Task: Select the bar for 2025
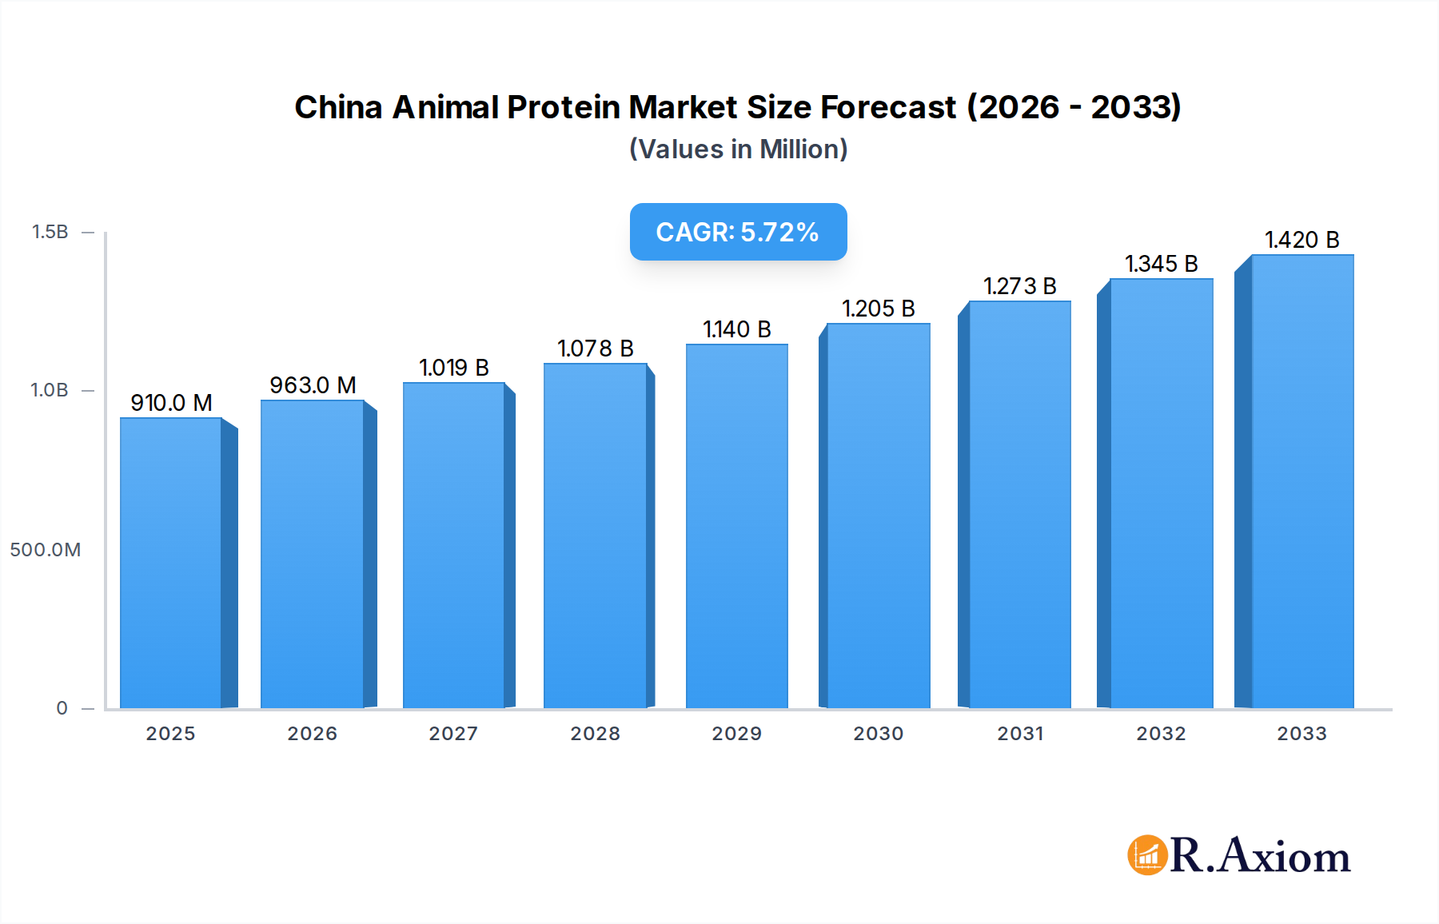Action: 170,563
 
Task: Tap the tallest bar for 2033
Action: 1301,481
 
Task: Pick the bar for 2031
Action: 1019,504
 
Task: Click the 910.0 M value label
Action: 171,403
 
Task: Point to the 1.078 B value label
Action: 595,348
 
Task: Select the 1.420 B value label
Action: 1301,240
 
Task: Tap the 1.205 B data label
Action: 878,309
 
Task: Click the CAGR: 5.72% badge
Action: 738,232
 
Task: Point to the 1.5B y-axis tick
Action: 50,232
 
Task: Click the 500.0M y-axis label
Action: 46,550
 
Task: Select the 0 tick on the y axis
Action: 62,708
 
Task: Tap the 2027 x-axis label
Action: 453,734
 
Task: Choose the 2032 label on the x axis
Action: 1161,734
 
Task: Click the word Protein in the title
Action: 564,107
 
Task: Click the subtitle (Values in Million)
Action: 738,149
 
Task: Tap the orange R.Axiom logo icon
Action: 1147,855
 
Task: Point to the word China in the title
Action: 338,107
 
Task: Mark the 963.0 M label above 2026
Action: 313,385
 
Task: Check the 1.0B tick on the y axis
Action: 50,390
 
